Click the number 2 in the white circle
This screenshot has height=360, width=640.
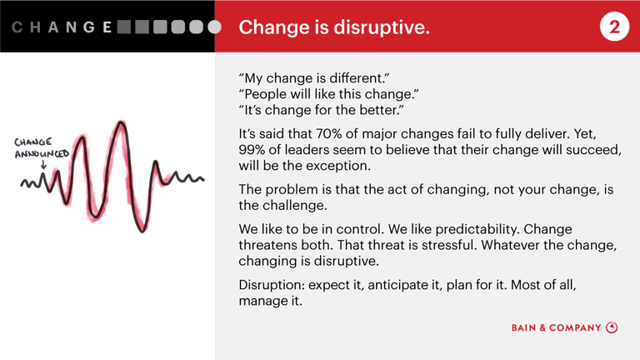click(x=614, y=27)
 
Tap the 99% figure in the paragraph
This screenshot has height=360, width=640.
click(x=254, y=149)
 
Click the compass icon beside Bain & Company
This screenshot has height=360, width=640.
click(x=612, y=327)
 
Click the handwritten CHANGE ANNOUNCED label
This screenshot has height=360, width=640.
click(x=41, y=147)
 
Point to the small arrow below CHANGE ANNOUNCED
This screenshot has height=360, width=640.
click(x=43, y=165)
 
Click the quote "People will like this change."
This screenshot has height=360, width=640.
click(x=328, y=95)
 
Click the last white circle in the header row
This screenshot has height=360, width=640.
click(x=215, y=27)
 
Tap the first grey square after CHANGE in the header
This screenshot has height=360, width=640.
click(x=125, y=27)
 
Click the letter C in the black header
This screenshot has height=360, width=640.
click(x=17, y=27)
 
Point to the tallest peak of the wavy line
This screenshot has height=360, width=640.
click(x=122, y=125)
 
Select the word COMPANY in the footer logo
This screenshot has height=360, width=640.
click(x=574, y=328)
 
